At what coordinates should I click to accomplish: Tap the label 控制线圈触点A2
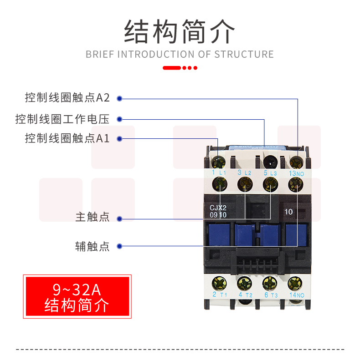pyautogui.click(x=67, y=98)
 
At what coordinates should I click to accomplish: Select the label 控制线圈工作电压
pyautogui.click(x=62, y=119)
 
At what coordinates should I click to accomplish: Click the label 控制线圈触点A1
pyautogui.click(x=67, y=138)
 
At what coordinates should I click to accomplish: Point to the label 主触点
pyautogui.click(x=93, y=217)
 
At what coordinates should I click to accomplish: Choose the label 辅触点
pyautogui.click(x=93, y=246)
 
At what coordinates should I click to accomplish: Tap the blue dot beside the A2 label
pyautogui.click(x=119, y=98)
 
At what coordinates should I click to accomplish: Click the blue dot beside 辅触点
pyautogui.click(x=119, y=246)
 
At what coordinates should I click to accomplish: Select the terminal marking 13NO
pyautogui.click(x=296, y=173)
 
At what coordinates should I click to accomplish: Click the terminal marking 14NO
pyautogui.click(x=296, y=295)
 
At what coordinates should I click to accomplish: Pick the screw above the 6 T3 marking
pyautogui.click(x=270, y=284)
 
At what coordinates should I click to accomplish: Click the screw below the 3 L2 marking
pyautogui.click(x=245, y=185)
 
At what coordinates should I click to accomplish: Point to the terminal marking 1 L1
pyautogui.click(x=219, y=173)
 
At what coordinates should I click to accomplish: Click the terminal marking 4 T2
pyautogui.click(x=245, y=295)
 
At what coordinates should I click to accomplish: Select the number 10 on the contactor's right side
pyautogui.click(x=288, y=212)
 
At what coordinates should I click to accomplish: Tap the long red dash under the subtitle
pyautogui.click(x=172, y=68)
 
